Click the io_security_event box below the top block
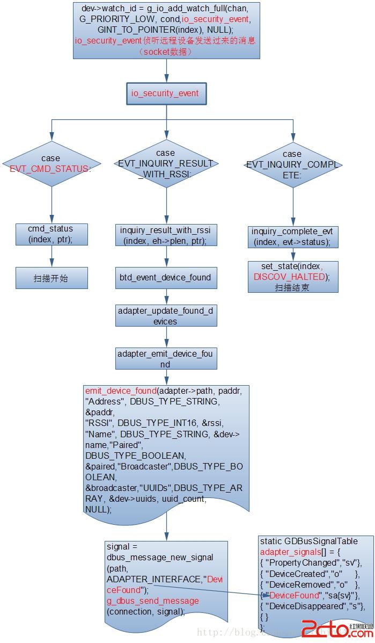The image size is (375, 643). point(166,93)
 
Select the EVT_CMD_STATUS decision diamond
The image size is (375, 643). point(52,164)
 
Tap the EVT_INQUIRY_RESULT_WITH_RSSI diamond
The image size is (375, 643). point(166,163)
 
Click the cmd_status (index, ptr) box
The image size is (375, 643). point(52,234)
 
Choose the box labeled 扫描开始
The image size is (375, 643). point(52,278)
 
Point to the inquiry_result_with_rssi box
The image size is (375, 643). point(166,235)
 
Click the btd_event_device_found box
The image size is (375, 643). point(166,278)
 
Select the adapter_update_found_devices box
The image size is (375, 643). point(166,316)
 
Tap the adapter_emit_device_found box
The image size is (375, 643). point(166,359)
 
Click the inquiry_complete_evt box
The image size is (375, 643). point(292,236)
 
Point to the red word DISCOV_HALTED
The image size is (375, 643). point(290,277)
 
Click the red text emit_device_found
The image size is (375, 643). point(121,391)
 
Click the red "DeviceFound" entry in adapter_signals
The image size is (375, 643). point(293,595)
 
